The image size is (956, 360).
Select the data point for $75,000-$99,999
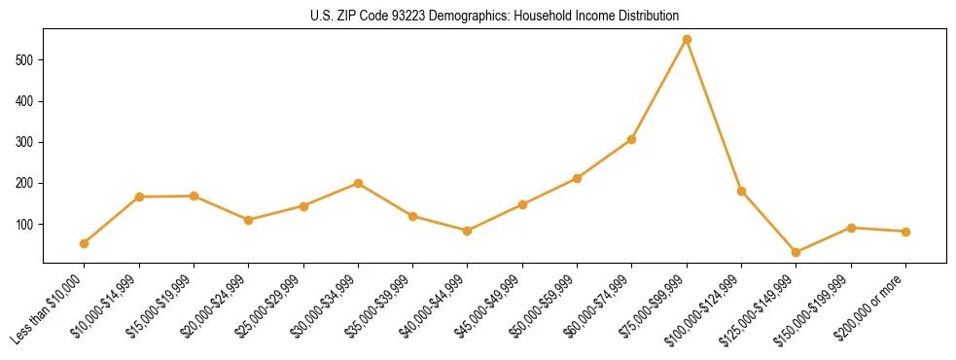pyautogui.click(x=687, y=40)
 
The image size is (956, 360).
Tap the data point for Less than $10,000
pyautogui.click(x=85, y=243)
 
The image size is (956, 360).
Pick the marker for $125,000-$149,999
pyautogui.click(x=797, y=252)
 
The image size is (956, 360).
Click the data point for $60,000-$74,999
pyautogui.click(x=632, y=139)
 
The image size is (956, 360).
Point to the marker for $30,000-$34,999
pyautogui.click(x=358, y=183)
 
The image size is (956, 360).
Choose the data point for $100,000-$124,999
pyautogui.click(x=742, y=191)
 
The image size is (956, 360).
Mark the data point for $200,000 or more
pyautogui.click(x=905, y=232)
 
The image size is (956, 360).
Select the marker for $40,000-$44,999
pyautogui.click(x=468, y=231)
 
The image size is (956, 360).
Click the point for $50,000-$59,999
pyautogui.click(x=577, y=178)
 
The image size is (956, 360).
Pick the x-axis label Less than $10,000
pyautogui.click(x=49, y=309)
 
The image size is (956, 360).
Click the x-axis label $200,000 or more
pyautogui.click(x=872, y=307)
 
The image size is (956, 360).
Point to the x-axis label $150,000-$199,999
pyautogui.click(x=817, y=308)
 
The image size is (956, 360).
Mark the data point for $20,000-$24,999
pyautogui.click(x=249, y=220)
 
